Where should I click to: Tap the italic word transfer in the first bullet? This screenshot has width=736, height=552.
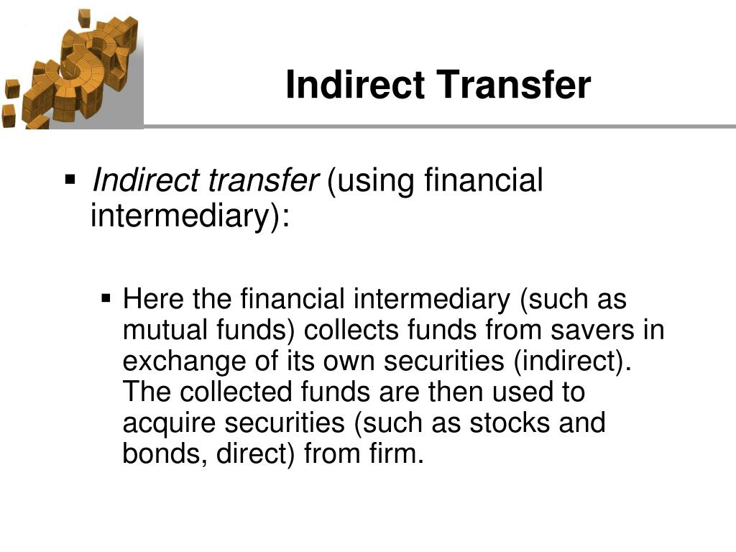262,181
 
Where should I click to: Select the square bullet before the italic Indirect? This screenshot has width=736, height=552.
70,178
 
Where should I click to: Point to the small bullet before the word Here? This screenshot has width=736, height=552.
106,296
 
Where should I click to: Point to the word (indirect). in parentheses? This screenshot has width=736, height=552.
571,362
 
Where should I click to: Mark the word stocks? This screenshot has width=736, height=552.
510,423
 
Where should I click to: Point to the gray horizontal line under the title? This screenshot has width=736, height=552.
438,126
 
